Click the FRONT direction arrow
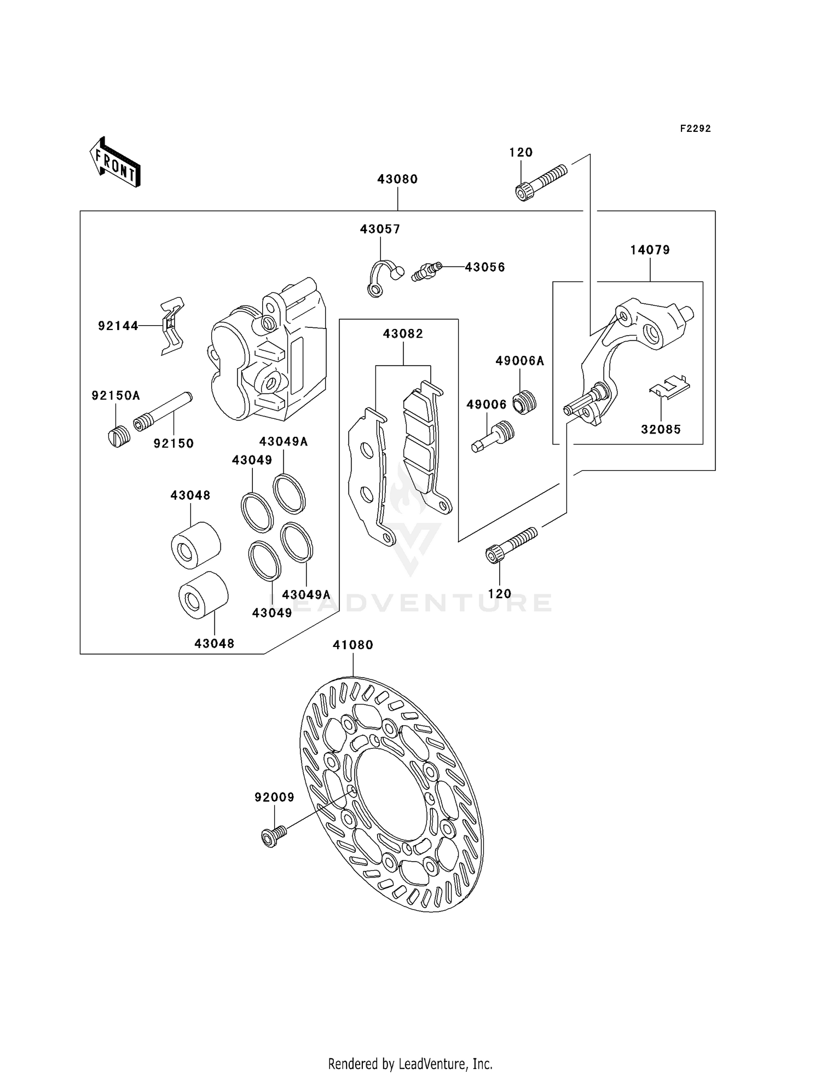tap(115, 163)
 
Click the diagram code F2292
tap(695, 129)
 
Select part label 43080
tap(397, 179)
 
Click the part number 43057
tap(380, 229)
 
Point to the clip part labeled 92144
tap(172, 326)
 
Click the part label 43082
tap(403, 333)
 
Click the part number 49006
tap(486, 405)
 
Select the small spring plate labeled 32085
tap(669, 386)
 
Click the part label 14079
tap(650, 250)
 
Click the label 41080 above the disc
tap(353, 645)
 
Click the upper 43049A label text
tap(284, 441)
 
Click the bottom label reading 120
tap(499, 593)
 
